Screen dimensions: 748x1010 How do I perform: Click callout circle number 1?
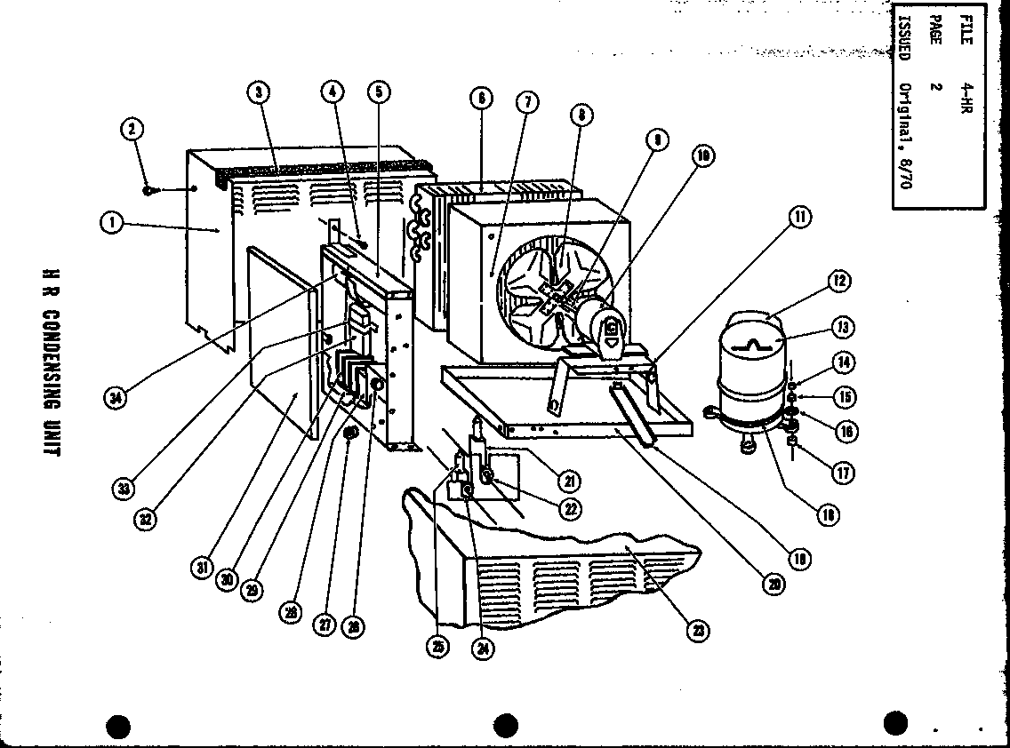click(111, 223)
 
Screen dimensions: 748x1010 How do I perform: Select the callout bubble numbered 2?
click(132, 130)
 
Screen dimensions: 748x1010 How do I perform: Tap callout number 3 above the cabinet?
click(259, 92)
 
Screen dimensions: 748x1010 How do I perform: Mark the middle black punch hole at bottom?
click(505, 725)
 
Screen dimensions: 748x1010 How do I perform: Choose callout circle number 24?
click(484, 648)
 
